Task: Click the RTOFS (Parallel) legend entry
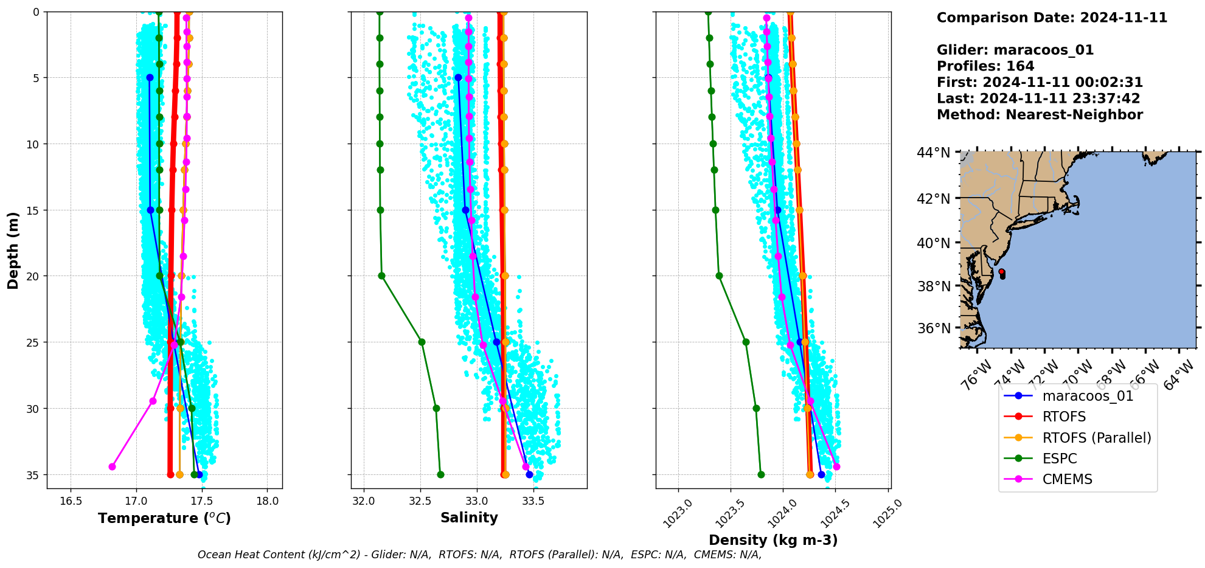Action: coord(1096,438)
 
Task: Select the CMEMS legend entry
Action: coord(1067,479)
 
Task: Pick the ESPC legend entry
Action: coord(1059,459)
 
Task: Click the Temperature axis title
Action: coord(164,518)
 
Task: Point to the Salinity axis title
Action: coord(469,518)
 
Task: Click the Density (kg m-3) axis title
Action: coord(773,540)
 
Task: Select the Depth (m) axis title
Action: coord(13,250)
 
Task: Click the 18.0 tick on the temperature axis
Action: coord(268,502)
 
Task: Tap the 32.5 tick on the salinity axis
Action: coord(420,502)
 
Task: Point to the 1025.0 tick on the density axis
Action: coord(888,514)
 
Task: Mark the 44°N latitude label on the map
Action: coord(933,152)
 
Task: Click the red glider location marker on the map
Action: coord(1001,272)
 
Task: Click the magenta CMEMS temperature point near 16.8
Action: coord(112,466)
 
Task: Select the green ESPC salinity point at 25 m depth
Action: coord(422,342)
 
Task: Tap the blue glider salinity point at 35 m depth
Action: coord(529,474)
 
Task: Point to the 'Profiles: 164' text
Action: coord(985,66)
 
